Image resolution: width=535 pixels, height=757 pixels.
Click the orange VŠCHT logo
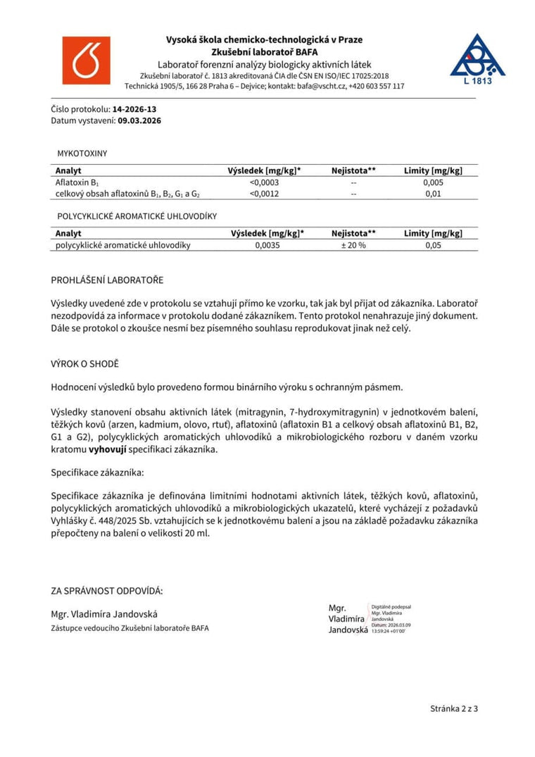pos(87,61)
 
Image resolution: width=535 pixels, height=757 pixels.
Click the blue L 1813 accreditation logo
pos(477,60)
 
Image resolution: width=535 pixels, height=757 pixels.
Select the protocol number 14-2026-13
pos(134,109)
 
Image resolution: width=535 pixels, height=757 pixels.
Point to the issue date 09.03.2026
pos(139,120)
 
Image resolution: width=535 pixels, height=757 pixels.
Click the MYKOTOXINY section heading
pos(82,153)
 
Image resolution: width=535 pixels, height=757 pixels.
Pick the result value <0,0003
pos(264,182)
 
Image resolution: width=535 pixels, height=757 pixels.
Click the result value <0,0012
pos(264,194)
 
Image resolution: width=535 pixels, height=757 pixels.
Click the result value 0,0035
pos(267,245)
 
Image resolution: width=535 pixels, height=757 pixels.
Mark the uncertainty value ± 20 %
pos(353,245)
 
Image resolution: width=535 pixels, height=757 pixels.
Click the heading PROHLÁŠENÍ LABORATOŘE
pos(107,280)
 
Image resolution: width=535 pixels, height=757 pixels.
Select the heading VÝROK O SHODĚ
pos(85,363)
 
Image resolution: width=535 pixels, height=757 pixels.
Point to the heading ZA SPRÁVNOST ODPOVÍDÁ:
pos(107,590)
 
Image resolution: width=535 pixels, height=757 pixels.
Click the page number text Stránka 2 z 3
pos(454,708)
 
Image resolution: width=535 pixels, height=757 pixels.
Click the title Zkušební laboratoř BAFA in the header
pos(264,51)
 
